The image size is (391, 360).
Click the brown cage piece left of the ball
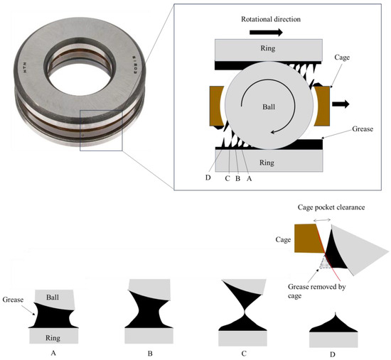215,105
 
